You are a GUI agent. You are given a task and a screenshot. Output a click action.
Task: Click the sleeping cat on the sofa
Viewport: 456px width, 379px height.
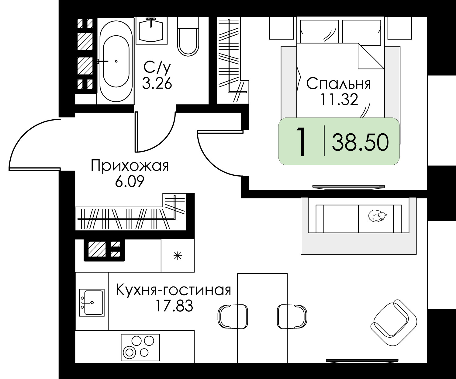376,216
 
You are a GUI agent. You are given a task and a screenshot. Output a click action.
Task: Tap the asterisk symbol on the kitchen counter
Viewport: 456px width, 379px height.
178,256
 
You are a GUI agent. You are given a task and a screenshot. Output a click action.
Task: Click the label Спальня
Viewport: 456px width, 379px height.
338,84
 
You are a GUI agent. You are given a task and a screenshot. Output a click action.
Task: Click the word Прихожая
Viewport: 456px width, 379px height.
130,167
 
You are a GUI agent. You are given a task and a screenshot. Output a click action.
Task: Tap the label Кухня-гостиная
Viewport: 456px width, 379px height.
174,290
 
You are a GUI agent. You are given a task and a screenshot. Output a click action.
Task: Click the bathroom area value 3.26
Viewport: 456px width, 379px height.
157,83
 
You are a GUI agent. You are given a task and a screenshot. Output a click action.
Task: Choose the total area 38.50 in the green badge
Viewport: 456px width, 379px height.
360,142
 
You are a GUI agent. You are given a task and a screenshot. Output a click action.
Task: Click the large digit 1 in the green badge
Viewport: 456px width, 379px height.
301,142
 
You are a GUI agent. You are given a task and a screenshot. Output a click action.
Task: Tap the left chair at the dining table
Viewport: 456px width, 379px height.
233,317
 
